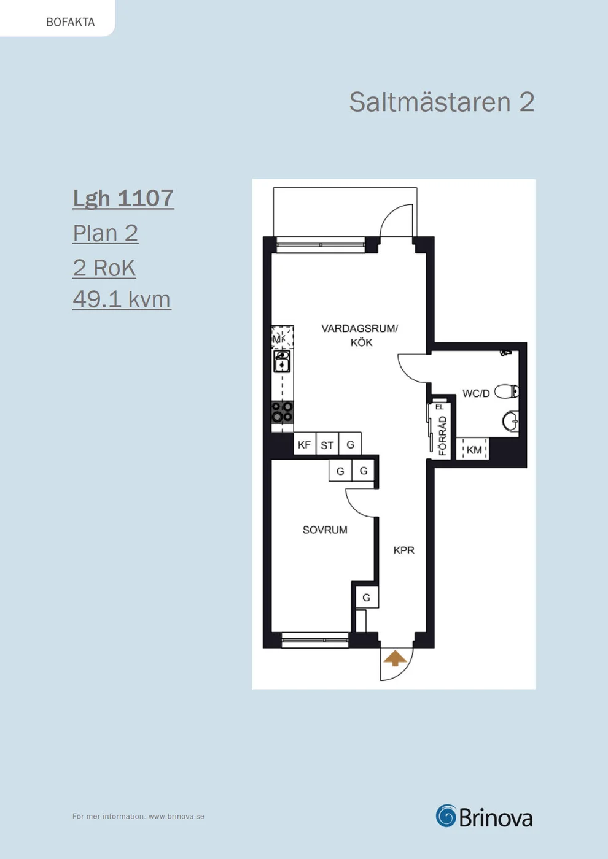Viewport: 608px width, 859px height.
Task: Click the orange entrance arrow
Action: [396, 658]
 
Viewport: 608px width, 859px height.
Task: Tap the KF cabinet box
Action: [305, 444]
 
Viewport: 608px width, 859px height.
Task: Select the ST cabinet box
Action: [327, 444]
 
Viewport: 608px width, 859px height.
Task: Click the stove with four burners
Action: [282, 412]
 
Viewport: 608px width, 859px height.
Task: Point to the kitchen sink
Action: [282, 361]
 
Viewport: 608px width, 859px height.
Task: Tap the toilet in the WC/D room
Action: [507, 391]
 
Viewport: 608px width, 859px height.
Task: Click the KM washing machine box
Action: [472, 449]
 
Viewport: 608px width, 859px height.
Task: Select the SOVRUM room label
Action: [325, 530]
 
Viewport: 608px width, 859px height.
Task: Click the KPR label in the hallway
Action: [404, 551]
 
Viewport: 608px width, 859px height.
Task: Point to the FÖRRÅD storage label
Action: [443, 436]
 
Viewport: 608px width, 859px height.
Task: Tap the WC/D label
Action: [476, 393]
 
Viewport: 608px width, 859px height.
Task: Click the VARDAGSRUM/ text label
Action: [360, 329]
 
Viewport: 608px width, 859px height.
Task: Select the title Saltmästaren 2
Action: [442, 102]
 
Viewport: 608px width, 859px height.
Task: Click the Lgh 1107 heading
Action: [123, 198]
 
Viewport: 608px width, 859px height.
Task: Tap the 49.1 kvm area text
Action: [122, 299]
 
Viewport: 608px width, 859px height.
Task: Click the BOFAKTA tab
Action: [70, 22]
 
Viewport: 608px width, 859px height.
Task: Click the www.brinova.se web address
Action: [176, 817]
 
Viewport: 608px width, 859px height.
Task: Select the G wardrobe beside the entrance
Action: [367, 597]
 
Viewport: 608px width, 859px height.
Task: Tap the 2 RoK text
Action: [104, 268]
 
